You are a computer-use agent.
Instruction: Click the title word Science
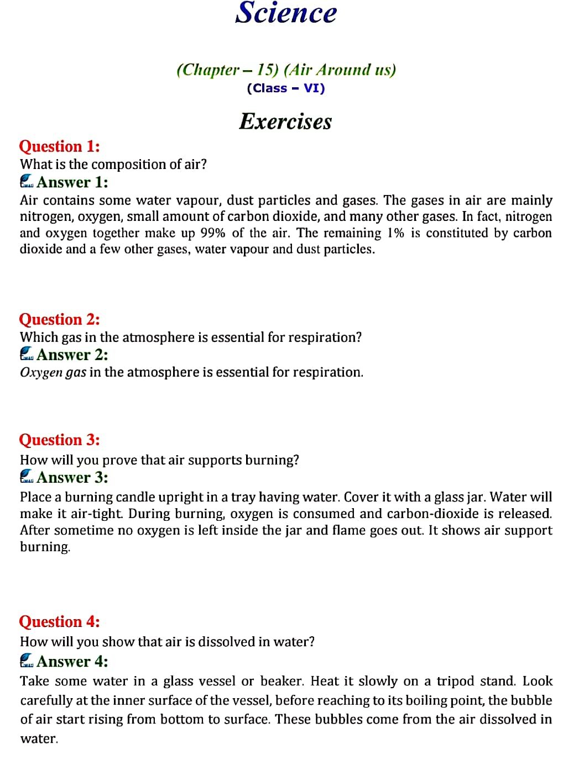click(286, 13)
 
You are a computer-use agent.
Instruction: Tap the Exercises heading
click(285, 122)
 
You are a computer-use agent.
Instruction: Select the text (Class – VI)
click(286, 88)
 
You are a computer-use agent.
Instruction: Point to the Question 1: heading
click(59, 146)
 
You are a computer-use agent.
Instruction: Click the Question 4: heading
click(59, 622)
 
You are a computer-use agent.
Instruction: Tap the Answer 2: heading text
click(72, 355)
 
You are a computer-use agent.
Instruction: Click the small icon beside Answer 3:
click(27, 477)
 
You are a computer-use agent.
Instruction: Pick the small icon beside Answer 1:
click(27, 182)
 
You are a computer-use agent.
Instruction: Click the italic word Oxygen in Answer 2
click(41, 373)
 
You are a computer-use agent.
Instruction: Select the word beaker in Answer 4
click(280, 681)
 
